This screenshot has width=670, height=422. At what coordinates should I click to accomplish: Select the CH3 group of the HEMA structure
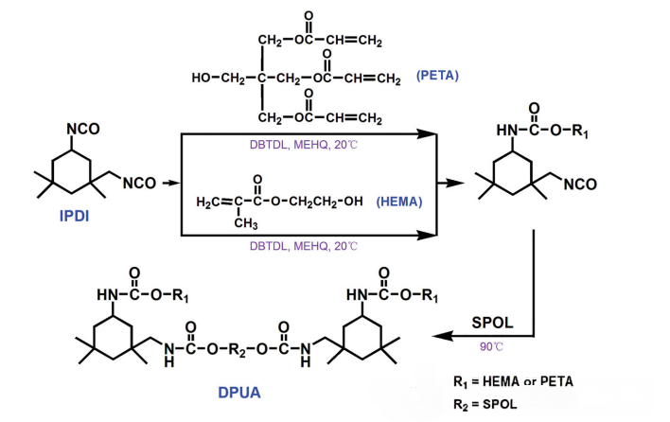click(x=245, y=223)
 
